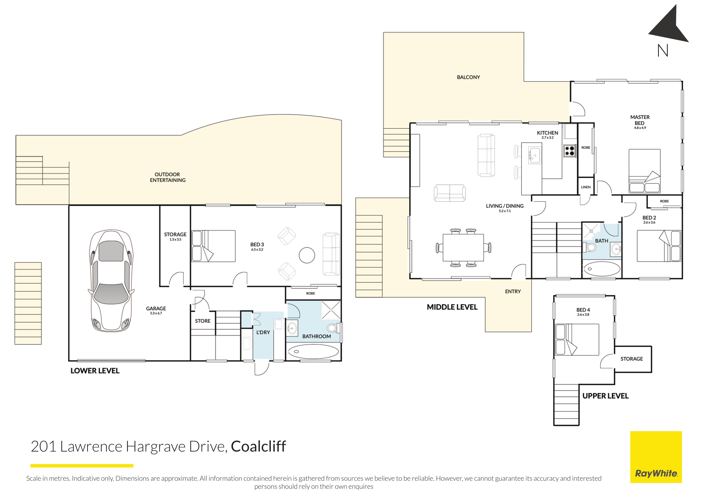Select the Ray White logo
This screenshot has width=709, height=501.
[656, 457]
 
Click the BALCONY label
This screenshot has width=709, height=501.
[468, 77]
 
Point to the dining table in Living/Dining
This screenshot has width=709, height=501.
[463, 248]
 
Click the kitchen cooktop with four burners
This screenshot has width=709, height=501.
[570, 151]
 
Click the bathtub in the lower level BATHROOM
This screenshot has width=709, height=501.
[314, 352]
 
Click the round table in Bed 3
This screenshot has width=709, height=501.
[307, 255]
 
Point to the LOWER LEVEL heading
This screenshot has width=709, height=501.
[95, 371]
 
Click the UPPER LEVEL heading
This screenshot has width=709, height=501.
[606, 396]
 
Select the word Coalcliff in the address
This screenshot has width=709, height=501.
[258, 446]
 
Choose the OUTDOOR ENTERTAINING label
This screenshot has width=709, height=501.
[168, 177]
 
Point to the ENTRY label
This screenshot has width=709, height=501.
[513, 291]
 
